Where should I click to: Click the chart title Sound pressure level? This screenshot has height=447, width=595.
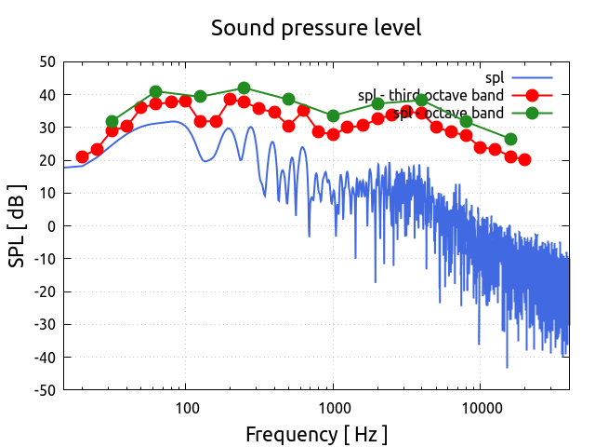pyautogui.click(x=316, y=28)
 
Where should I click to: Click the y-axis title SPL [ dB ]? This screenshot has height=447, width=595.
pyautogui.click(x=18, y=225)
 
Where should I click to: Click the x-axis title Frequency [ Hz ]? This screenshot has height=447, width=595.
pyautogui.click(x=316, y=434)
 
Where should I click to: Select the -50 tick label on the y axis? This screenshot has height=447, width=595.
pyautogui.click(x=44, y=389)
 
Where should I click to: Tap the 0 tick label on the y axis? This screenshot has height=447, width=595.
pyautogui.click(x=52, y=226)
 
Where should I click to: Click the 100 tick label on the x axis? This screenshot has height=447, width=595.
pyautogui.click(x=187, y=408)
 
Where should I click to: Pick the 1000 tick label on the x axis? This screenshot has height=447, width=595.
pyautogui.click(x=334, y=408)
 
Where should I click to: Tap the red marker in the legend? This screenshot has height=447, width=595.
pyautogui.click(x=532, y=95)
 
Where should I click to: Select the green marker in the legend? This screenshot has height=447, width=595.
pyautogui.click(x=532, y=113)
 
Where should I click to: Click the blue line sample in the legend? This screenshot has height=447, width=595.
pyautogui.click(x=532, y=77)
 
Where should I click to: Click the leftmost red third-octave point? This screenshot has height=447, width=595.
pyautogui.click(x=83, y=157)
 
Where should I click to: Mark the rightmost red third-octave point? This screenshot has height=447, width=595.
pyautogui.click(x=524, y=159)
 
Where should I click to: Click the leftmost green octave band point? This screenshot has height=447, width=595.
pyautogui.click(x=112, y=122)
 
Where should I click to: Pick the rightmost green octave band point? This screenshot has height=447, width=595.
pyautogui.click(x=510, y=139)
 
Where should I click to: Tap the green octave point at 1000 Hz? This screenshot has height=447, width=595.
pyautogui.click(x=334, y=116)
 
